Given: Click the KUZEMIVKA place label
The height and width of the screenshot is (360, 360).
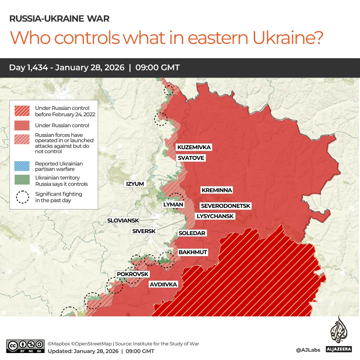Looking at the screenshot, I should [194, 147].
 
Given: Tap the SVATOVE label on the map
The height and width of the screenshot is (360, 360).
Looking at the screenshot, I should [191, 158].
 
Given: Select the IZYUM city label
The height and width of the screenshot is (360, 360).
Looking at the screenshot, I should [135, 184].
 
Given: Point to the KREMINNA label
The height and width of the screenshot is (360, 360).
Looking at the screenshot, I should [216, 190].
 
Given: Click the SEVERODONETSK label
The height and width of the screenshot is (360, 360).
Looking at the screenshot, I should [225, 206].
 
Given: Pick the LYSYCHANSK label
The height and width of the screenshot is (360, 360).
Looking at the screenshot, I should [215, 216].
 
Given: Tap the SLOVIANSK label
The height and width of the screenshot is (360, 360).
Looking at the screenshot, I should [123, 220].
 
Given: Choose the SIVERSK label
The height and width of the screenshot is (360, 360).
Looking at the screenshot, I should [144, 231].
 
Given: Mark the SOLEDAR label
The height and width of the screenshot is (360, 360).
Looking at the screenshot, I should [192, 233].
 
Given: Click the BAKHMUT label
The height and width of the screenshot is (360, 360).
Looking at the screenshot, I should [193, 252].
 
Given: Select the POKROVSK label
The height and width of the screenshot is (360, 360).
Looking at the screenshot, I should [133, 274].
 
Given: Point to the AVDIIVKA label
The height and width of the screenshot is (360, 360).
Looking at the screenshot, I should [163, 284].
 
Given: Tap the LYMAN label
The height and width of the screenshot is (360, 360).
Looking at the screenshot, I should [173, 205].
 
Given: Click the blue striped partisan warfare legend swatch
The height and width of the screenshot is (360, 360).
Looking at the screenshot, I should [22, 166].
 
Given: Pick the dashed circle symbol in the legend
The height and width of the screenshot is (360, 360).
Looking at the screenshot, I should [22, 197].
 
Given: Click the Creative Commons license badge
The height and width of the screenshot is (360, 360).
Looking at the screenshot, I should [25, 346].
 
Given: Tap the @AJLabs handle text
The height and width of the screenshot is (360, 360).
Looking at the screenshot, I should [308, 350].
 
